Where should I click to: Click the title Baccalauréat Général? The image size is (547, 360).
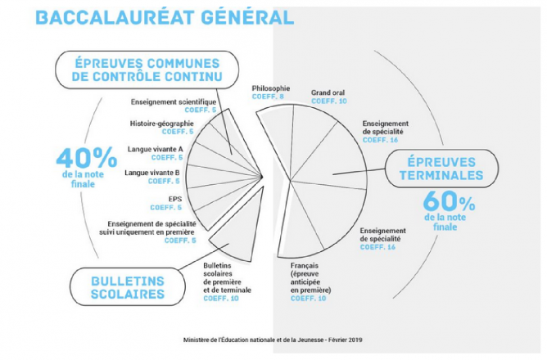click(x=165, y=18)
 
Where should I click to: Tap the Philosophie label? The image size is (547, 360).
click(x=271, y=88)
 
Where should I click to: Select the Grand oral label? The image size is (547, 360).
click(x=328, y=92)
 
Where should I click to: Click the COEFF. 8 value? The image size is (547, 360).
click(x=268, y=97)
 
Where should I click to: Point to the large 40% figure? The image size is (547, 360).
click(x=87, y=158)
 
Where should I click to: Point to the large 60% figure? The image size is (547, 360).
click(x=449, y=201)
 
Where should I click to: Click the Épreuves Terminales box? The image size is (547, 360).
click(x=441, y=169)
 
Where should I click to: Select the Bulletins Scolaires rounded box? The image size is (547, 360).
click(x=128, y=287)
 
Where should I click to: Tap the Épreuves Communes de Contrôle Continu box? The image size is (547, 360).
click(x=147, y=70)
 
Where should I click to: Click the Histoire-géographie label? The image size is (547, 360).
click(x=161, y=124)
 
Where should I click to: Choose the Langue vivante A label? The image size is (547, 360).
click(x=155, y=149)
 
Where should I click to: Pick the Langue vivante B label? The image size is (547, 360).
click(x=152, y=173)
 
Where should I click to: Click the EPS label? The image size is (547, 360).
click(x=175, y=199)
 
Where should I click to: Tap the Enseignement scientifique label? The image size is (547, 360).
click(x=174, y=102)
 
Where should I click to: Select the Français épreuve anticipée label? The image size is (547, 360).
click(x=310, y=277)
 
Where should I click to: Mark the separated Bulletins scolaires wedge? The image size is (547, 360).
click(x=242, y=230)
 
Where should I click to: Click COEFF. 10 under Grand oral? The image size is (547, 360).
click(x=329, y=101)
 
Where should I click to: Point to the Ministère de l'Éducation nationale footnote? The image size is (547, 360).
click(x=273, y=340)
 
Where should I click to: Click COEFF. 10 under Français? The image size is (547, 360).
click(x=309, y=299)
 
